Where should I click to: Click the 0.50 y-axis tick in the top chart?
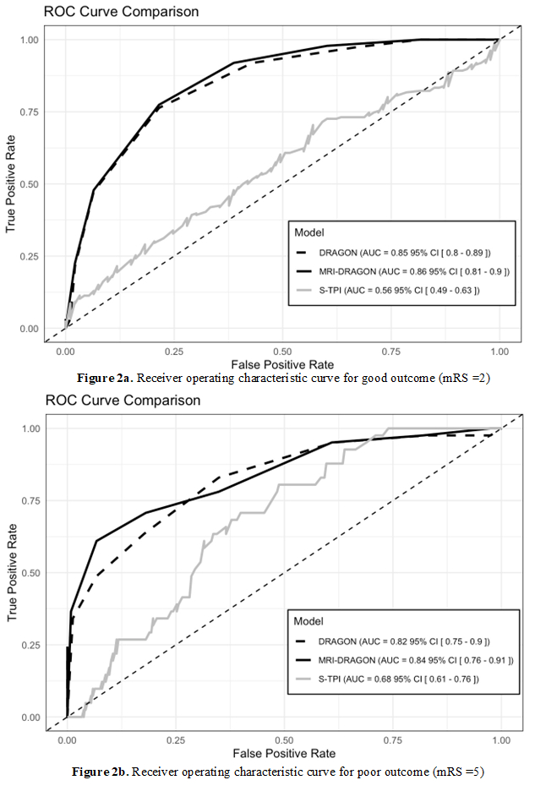point(30,184)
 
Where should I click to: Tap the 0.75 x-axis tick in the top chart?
point(390,351)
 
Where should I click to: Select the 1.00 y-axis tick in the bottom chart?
point(30,428)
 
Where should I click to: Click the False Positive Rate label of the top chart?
point(282,363)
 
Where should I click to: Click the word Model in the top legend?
point(308,231)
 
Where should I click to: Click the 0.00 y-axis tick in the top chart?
point(30,329)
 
